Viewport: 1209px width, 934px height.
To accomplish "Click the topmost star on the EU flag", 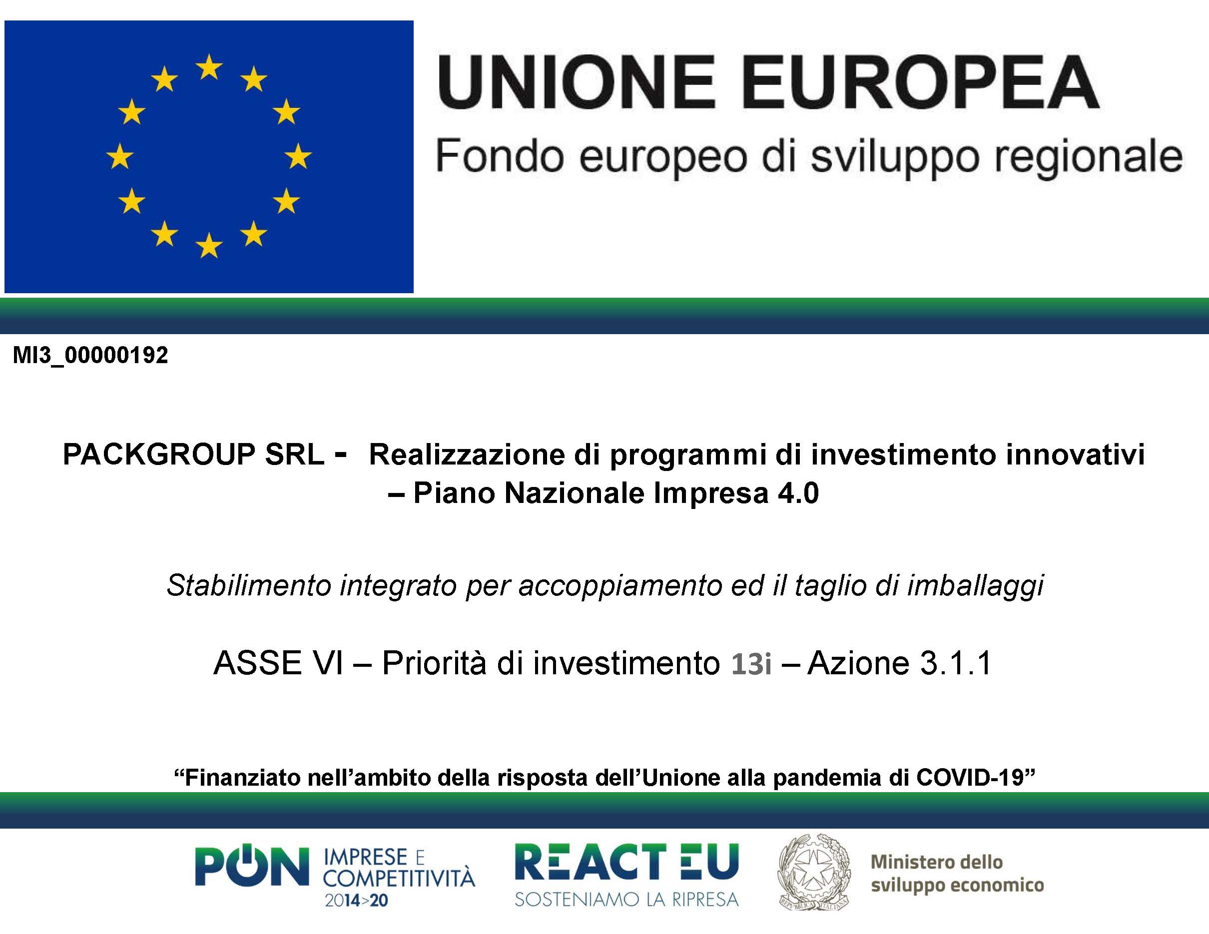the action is (x=209, y=67).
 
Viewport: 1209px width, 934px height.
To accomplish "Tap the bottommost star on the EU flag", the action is (x=209, y=246).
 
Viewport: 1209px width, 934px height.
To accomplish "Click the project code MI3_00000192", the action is (x=90, y=355).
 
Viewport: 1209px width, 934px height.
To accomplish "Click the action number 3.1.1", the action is (x=956, y=663).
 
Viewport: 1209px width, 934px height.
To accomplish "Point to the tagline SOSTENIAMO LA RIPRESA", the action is (x=626, y=899).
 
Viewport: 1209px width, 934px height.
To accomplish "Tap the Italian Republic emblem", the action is (x=814, y=873).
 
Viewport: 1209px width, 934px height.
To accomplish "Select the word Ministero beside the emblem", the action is (x=906, y=862).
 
